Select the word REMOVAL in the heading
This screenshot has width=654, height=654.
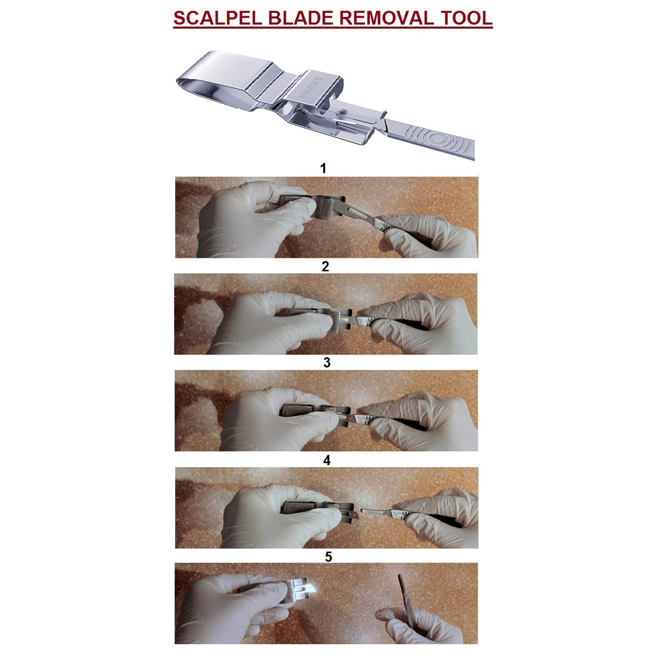382,17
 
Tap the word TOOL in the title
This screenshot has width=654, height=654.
465,17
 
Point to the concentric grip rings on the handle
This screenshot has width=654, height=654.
439,139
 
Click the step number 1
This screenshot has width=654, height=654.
322,168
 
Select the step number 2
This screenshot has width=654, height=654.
325,266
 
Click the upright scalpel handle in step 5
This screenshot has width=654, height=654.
403,594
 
